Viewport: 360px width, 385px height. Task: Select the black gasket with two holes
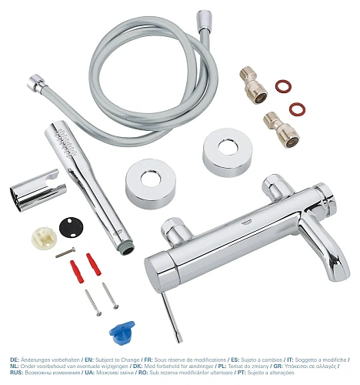point(72,229)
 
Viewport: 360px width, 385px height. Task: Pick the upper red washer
point(284,85)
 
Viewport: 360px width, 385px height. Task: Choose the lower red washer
point(295,109)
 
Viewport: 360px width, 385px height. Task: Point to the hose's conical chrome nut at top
point(205,19)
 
